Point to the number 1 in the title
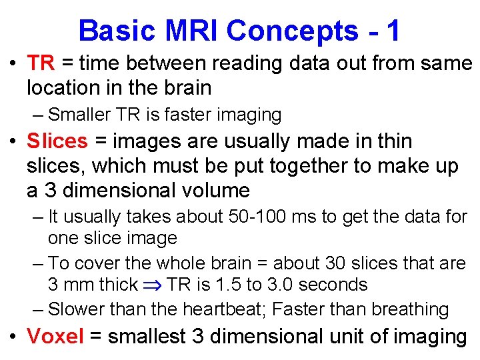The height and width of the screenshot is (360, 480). (x=393, y=31)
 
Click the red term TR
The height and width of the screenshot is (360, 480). (x=41, y=63)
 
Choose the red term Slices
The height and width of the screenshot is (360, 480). (x=57, y=141)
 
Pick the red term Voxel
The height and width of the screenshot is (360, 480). (x=55, y=337)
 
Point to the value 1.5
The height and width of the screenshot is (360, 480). (x=228, y=285)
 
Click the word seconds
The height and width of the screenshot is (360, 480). (x=334, y=285)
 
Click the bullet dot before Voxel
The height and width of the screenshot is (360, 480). (x=12, y=337)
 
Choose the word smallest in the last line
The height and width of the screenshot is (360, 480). (x=146, y=337)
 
